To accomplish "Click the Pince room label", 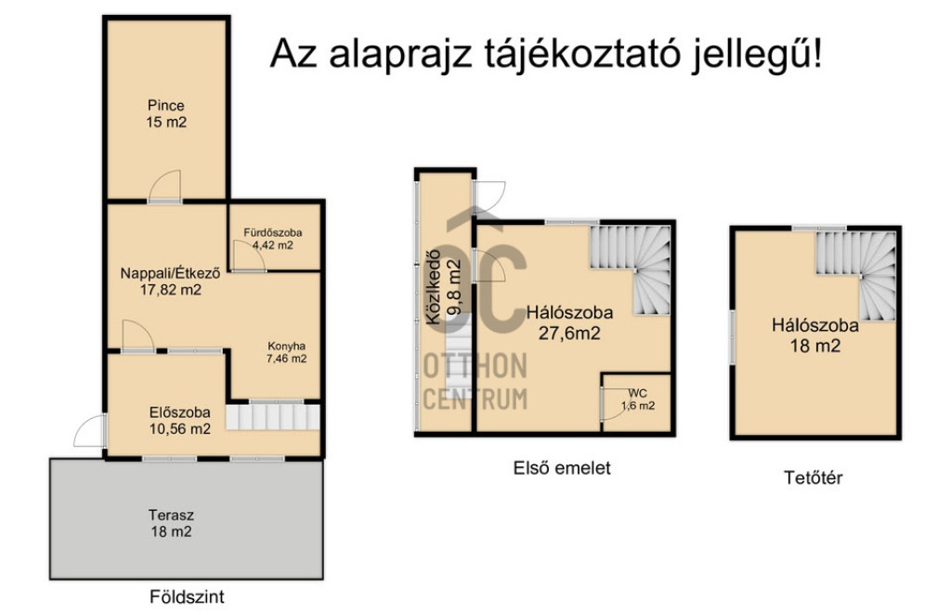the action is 165,105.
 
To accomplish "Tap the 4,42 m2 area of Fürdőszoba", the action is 272,245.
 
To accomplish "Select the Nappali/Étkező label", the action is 170,273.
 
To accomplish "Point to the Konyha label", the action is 286,347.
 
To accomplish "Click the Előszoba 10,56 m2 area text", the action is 180,429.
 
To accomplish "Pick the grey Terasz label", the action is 171,516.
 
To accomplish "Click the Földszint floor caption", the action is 187,596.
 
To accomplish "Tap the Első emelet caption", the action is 562,467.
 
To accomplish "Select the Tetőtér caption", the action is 814,478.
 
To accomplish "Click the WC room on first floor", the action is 637,403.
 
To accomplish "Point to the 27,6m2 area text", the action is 569,333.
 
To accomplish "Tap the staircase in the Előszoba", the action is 273,417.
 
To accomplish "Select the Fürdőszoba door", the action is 249,255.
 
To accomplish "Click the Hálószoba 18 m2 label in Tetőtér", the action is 815,335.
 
